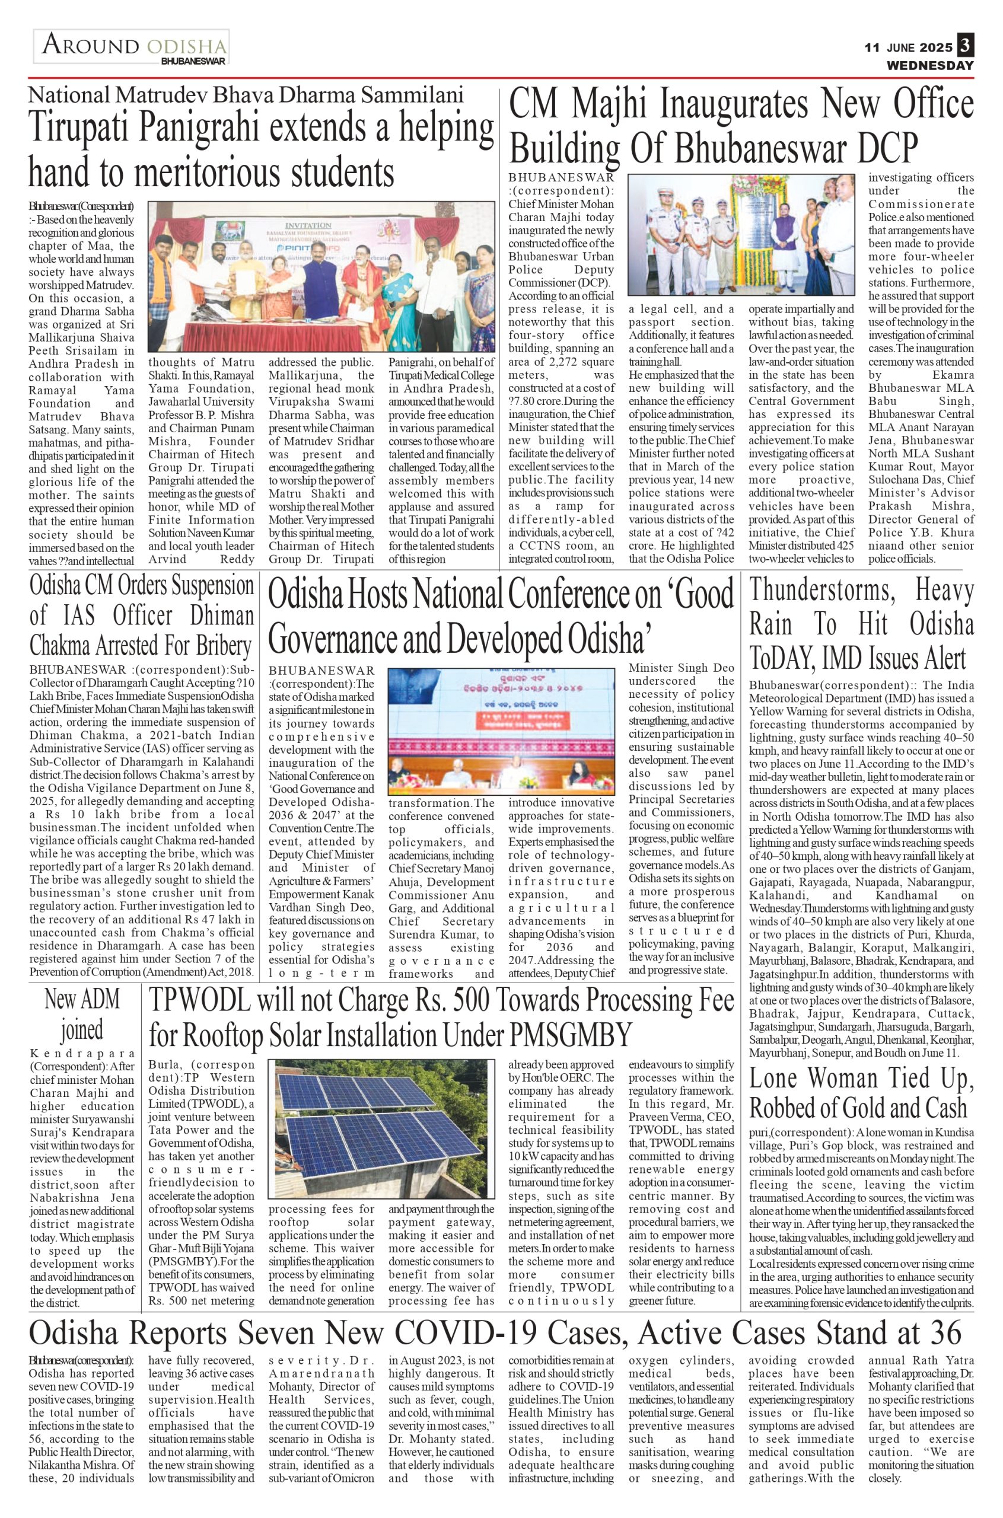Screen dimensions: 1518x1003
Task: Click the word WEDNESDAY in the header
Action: [x=929, y=65]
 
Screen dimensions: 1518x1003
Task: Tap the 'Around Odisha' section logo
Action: [x=132, y=47]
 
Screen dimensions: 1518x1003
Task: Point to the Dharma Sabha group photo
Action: [x=321, y=277]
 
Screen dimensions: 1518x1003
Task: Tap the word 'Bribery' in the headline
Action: [x=217, y=646]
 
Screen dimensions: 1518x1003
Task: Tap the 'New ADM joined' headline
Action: [x=82, y=1015]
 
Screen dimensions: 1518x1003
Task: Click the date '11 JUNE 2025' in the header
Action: [x=908, y=47]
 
